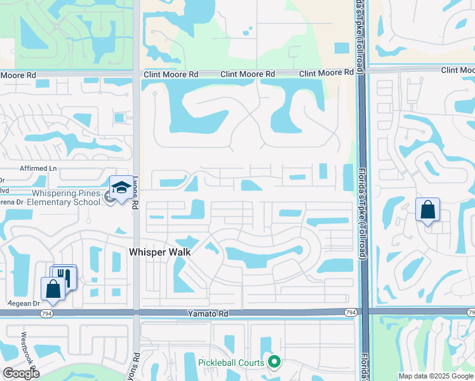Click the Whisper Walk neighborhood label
click(x=160, y=252)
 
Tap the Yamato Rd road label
click(x=207, y=314)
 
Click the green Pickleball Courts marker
click(x=274, y=362)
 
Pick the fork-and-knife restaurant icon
click(x=64, y=276)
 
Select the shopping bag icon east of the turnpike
click(x=427, y=210)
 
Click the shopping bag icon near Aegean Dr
click(x=53, y=288)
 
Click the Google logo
click(x=21, y=373)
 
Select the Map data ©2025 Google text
click(x=435, y=376)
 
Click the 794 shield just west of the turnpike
click(x=351, y=312)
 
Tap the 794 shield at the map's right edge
click(x=470, y=312)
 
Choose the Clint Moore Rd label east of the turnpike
click(x=458, y=70)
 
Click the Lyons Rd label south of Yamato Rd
click(x=135, y=366)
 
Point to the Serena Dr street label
click(x=11, y=202)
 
